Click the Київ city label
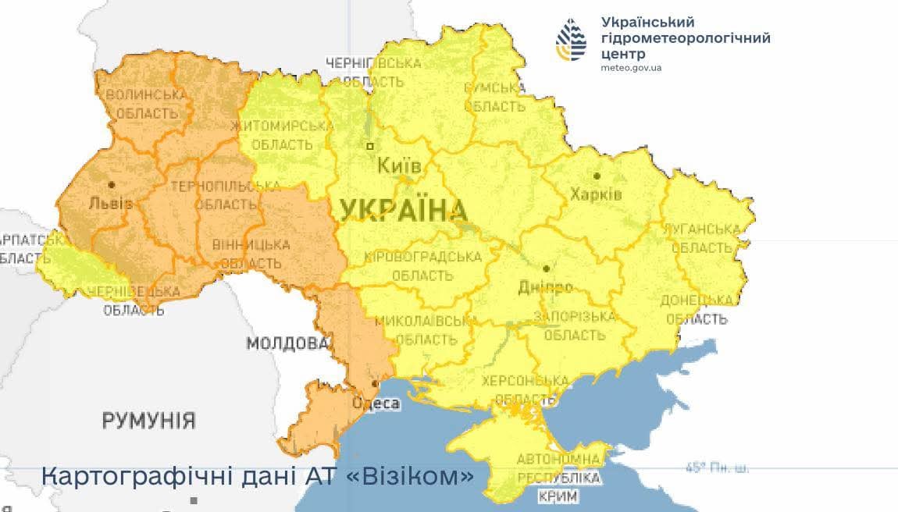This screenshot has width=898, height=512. [399, 166]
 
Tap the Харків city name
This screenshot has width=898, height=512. [596, 194]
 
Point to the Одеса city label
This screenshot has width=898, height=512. [376, 404]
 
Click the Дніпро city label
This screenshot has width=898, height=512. [545, 287]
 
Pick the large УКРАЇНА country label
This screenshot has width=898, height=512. [403, 210]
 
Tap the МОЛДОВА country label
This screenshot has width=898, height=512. [287, 343]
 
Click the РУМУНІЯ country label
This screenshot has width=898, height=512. [148, 421]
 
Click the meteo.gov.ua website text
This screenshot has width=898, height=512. [631, 68]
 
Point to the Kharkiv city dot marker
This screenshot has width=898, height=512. [597, 176]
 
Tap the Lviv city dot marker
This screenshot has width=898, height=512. [112, 185]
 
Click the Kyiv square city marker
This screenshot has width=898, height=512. [370, 146]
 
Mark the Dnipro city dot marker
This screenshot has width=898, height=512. [546, 268]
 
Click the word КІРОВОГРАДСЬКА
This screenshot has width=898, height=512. [422, 257]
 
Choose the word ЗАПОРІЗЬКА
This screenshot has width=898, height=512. [574, 316]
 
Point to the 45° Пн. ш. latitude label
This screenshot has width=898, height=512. [717, 468]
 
